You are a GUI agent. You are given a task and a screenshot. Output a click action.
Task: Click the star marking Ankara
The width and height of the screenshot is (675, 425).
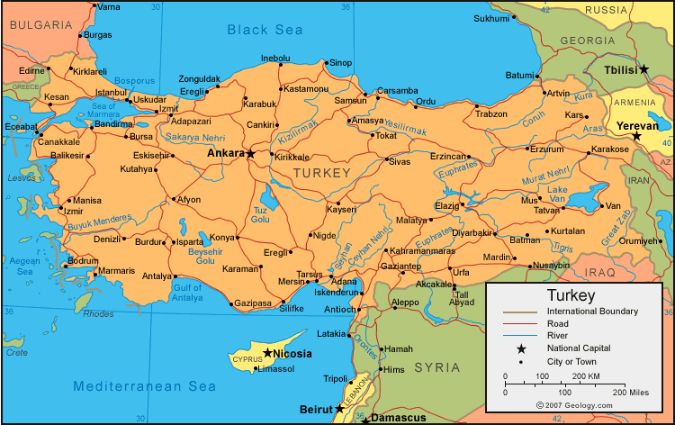[x=251, y=154]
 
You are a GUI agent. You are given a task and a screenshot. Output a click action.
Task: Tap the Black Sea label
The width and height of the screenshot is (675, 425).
[x=265, y=30]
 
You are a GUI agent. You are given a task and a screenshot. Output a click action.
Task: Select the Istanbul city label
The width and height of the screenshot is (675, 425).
[x=112, y=92]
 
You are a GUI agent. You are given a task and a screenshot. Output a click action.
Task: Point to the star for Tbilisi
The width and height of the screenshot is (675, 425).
[x=643, y=69]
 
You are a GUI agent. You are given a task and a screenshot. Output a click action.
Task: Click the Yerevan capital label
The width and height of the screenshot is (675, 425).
[x=637, y=126]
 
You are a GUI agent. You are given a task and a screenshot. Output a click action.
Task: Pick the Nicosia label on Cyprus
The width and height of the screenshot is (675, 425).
[x=292, y=354]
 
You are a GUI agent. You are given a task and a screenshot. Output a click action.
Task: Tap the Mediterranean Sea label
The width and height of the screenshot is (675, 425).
[x=144, y=385]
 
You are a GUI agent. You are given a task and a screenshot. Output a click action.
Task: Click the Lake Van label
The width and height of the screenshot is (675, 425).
[x=558, y=194]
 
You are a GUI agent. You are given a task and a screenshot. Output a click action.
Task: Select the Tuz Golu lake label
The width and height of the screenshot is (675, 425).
[x=261, y=214]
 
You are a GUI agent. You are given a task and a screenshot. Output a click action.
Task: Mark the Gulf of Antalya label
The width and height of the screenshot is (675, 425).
[x=187, y=293]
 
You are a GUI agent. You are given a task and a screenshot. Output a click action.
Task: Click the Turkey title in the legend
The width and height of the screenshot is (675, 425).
[x=571, y=295]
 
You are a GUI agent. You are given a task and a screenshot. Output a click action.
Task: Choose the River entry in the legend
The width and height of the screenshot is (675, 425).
[x=558, y=336]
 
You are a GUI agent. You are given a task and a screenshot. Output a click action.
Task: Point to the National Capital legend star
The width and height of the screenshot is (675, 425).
[x=521, y=348]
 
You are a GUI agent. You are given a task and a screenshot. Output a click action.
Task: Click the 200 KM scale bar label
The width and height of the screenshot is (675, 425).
[x=586, y=375]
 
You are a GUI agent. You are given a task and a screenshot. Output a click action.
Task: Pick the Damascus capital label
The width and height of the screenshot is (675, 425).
[x=400, y=419]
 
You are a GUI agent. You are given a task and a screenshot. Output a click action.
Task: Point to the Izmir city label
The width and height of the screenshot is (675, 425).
[x=73, y=212]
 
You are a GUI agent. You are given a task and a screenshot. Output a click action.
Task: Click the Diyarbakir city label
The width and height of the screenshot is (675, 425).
[x=472, y=232]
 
